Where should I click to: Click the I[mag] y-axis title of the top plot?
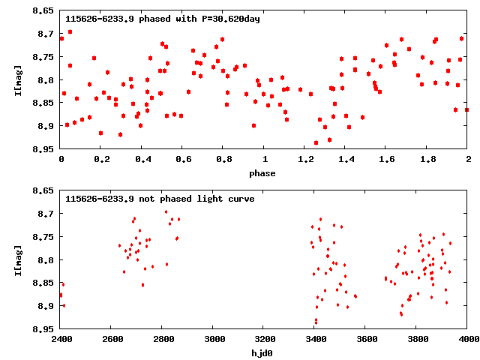pyautogui.click(x=17, y=79)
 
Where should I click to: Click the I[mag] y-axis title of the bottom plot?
pyautogui.click(x=17, y=259)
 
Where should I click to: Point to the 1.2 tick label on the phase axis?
pyautogui.click(x=305, y=160)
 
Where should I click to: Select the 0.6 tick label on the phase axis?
pyautogui.click(x=183, y=160)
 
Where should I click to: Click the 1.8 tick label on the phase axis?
pyautogui.click(x=427, y=160)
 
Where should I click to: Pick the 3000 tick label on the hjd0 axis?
pyautogui.click(x=213, y=339)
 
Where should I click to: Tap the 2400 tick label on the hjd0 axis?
pyautogui.click(x=61, y=339)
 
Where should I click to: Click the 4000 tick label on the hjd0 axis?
pyautogui.click(x=468, y=339)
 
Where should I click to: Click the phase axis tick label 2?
pyautogui.click(x=468, y=160)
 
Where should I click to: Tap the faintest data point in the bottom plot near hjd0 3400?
pyautogui.click(x=316, y=324)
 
